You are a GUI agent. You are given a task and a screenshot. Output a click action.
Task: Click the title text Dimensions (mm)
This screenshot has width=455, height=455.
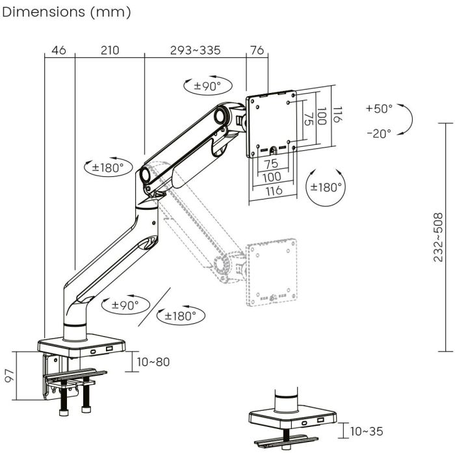(x=67, y=12)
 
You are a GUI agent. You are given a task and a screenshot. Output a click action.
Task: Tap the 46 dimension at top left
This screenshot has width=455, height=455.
(x=58, y=50)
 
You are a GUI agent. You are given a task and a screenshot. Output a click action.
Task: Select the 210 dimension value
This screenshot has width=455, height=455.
(x=109, y=50)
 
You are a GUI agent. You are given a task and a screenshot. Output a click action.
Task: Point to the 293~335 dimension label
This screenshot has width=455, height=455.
(x=195, y=50)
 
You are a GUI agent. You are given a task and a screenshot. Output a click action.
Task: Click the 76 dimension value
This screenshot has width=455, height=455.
(x=257, y=50)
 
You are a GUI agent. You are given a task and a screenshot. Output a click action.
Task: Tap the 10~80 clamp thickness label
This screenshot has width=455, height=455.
(x=154, y=361)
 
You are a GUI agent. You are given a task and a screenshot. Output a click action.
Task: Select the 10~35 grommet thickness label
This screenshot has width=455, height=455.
(x=367, y=431)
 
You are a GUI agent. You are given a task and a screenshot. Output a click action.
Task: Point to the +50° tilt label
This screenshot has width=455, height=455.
(x=379, y=109)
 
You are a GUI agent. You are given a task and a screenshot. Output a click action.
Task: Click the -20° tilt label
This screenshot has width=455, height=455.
(x=379, y=133)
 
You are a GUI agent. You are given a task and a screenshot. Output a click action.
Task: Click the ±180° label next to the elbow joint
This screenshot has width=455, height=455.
(x=104, y=167)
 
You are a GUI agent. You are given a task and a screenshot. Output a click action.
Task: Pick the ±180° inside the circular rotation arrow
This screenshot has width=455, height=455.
(x=326, y=187)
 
